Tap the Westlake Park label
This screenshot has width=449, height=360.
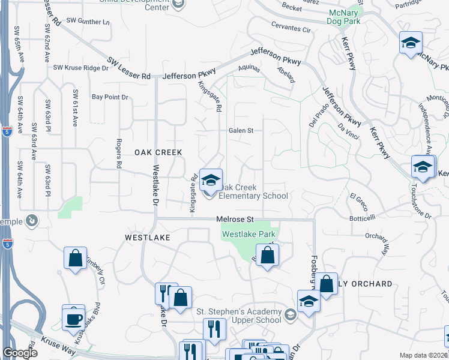(249, 234)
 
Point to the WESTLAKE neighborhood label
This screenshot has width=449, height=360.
(148, 238)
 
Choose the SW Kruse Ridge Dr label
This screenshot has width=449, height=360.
(80, 68)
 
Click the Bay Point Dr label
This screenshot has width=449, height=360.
(110, 97)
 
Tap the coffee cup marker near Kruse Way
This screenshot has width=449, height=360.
(73, 317)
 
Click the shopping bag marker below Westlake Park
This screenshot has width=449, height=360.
(268, 256)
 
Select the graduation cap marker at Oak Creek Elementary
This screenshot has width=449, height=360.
(211, 181)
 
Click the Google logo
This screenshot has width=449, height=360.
(19, 353)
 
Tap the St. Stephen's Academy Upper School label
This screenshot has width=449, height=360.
(239, 316)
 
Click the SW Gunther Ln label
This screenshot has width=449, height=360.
(89, 21)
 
